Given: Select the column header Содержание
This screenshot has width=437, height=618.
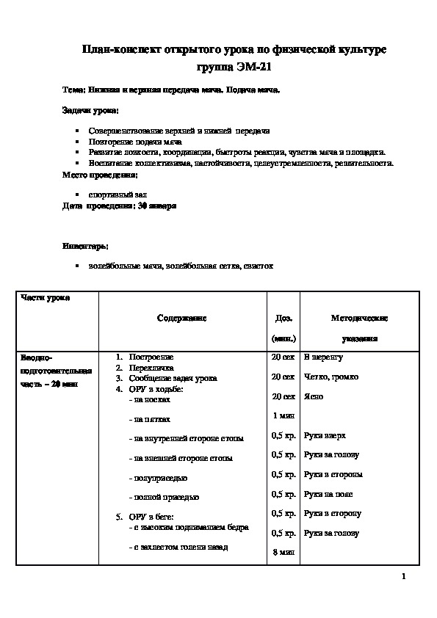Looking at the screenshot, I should click(x=181, y=318).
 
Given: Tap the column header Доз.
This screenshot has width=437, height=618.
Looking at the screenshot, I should click(x=283, y=318).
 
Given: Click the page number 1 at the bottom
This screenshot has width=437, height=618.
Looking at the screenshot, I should click(x=403, y=575).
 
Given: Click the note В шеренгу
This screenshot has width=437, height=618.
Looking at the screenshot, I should click(x=323, y=357).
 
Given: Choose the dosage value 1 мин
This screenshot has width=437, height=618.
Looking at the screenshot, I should click(x=283, y=416).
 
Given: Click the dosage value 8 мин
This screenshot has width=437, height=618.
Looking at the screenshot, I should click(x=283, y=552).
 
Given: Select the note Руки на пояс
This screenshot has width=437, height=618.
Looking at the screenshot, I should click(x=328, y=494).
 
